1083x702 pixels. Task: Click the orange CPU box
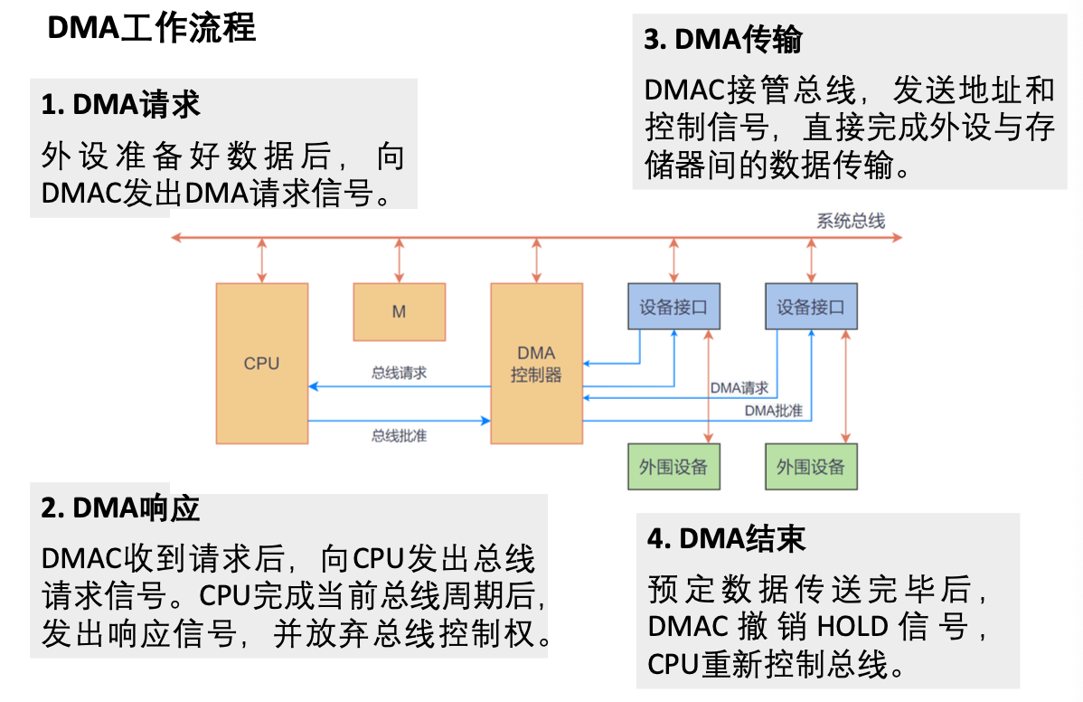(261, 363)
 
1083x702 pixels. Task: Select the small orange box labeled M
(399, 311)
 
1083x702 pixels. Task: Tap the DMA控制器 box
(536, 363)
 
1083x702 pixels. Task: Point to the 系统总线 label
(851, 221)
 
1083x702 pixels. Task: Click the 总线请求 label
(399, 372)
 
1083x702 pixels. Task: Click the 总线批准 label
(399, 435)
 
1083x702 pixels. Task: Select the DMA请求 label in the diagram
(739, 388)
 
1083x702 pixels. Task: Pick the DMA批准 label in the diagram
(773, 411)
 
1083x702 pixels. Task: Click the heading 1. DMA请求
(120, 105)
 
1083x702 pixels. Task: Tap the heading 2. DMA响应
(120, 508)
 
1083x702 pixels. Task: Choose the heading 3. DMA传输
(723, 40)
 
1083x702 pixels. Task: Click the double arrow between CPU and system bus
(262, 261)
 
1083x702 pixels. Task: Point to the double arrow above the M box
(399, 261)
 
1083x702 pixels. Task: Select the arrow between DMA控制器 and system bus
(537, 261)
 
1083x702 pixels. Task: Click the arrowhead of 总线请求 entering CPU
(313, 386)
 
